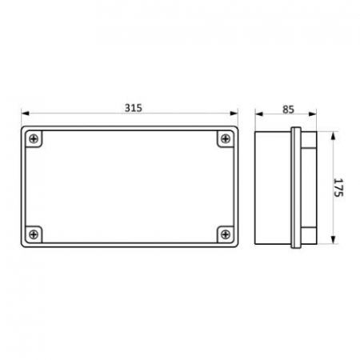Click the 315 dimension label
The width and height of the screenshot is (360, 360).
point(134,108)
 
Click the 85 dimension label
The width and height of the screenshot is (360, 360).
point(288,110)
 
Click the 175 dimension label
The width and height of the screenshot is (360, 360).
point(338,187)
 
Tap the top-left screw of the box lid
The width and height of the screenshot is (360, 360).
point(34,138)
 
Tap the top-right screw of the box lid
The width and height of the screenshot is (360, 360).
point(226,138)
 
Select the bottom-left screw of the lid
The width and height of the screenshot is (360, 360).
point(34,234)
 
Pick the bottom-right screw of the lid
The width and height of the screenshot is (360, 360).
point(226,234)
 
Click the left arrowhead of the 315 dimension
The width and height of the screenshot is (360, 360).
point(25,114)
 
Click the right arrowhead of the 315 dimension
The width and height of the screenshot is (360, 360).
point(234,114)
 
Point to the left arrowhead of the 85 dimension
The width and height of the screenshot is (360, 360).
point(259,114)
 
